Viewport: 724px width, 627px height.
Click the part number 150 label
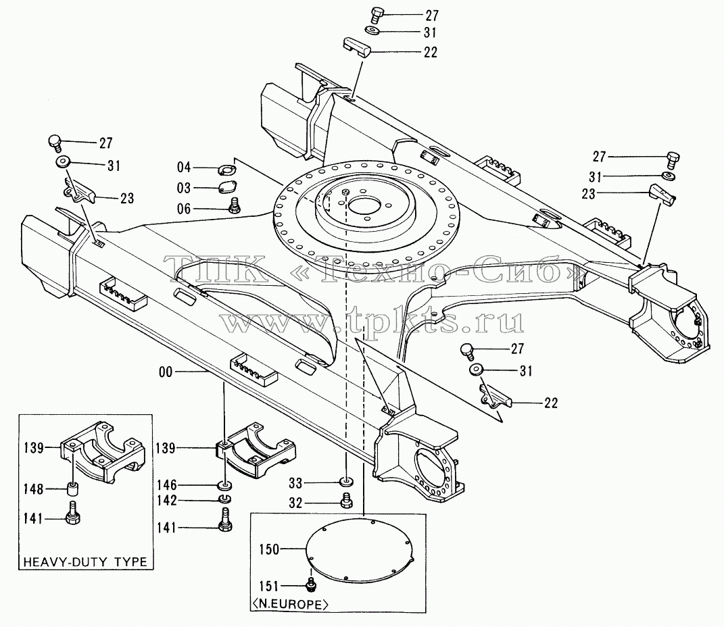coord(269,549)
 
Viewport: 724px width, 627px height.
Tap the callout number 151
coord(269,586)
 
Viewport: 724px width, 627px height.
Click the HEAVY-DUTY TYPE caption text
coord(85,562)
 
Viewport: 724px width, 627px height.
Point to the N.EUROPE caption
coord(290,604)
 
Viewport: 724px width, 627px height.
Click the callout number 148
coord(33,488)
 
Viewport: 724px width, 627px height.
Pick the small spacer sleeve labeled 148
coord(72,488)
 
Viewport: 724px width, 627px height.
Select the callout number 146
coord(167,485)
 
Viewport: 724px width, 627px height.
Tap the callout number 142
coord(167,501)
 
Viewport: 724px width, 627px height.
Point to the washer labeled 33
coord(346,482)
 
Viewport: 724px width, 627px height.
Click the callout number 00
coord(166,372)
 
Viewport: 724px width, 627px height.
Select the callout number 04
coord(184,167)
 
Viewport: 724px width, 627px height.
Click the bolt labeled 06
coord(234,206)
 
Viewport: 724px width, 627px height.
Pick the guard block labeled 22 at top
coord(356,47)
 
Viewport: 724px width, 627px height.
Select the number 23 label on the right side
coord(588,194)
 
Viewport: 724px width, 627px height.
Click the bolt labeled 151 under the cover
coord(312,583)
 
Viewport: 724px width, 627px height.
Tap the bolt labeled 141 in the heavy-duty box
coord(73,513)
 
